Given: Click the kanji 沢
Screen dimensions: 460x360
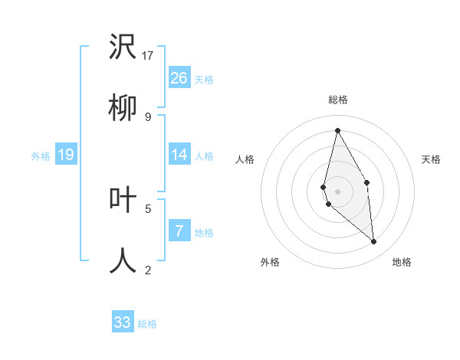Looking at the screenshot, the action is [123, 47].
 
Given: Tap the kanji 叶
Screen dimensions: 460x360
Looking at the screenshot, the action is [123, 200].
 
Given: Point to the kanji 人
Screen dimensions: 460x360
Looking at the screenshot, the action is [123, 260].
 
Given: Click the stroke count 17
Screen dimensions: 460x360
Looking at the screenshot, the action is [148, 55].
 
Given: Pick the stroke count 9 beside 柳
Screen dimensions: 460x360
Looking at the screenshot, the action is [148, 116].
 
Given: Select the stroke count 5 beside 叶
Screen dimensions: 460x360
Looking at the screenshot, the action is [148, 208].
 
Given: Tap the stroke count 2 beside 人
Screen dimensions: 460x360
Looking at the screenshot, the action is [148, 269].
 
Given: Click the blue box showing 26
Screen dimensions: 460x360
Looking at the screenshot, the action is [179, 78].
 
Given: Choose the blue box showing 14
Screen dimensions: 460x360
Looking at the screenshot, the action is [179, 155].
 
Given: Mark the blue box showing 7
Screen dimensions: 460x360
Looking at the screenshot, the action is [179, 231].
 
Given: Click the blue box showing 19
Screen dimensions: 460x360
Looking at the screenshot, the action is [66, 155].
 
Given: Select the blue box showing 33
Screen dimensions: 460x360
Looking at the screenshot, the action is [123, 322].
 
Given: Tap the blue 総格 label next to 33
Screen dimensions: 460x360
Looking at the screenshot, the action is [147, 324].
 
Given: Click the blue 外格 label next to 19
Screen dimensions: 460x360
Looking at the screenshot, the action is [41, 156].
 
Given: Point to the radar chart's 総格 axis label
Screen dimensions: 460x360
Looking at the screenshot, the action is [337, 100].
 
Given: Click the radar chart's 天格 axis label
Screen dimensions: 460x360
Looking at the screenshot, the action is [432, 159].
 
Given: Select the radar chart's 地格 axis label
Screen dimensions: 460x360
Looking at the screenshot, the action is [402, 262].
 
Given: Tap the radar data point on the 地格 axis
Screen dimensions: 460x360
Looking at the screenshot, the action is [374, 242].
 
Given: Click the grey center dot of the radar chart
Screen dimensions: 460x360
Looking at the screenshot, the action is [337, 191].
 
